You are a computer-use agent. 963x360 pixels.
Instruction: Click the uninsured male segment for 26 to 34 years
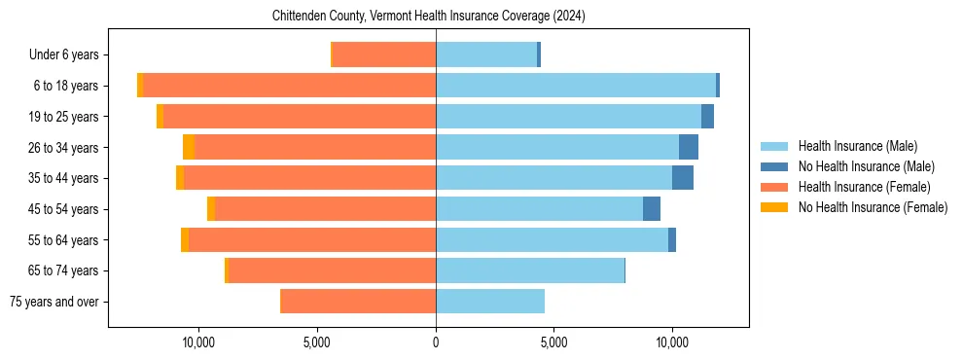click(689, 147)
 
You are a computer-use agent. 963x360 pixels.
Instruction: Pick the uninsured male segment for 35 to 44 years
click(683, 178)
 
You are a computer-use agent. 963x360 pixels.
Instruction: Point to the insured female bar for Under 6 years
click(384, 54)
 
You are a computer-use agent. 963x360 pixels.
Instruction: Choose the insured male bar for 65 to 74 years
click(530, 270)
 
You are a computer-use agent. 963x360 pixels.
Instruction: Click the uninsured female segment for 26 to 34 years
click(189, 147)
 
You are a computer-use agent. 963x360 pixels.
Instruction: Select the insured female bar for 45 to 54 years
click(325, 209)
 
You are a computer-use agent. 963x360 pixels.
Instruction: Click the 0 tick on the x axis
click(436, 342)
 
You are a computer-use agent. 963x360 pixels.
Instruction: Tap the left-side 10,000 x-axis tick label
click(198, 342)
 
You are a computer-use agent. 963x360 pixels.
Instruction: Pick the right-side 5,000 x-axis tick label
click(553, 342)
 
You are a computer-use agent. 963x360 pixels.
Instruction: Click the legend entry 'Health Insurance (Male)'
click(857, 146)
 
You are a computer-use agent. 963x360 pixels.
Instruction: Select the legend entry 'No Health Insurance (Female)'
click(873, 207)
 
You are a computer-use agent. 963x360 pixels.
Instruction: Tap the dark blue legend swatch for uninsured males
click(774, 166)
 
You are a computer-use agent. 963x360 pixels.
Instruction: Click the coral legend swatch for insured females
click(774, 187)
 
